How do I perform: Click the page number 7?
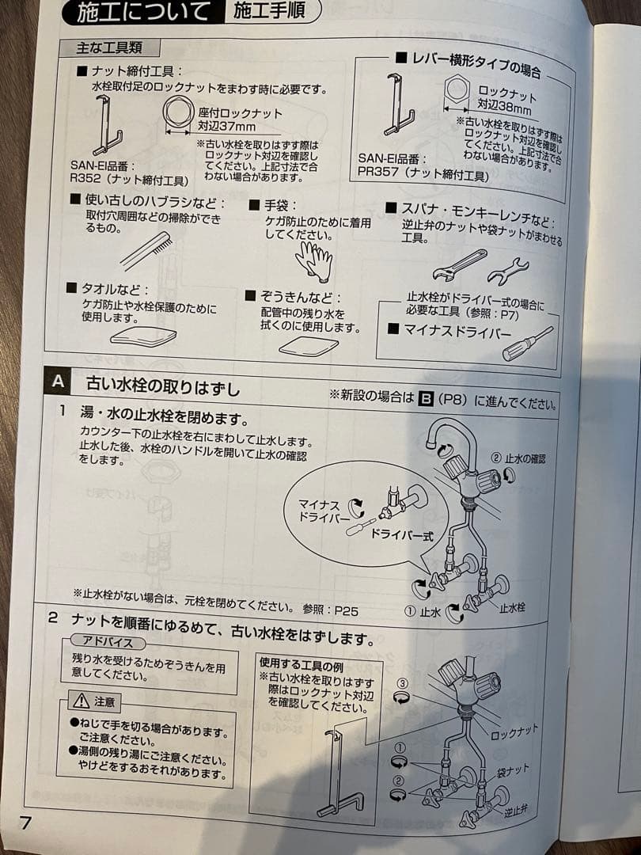[x=25, y=823]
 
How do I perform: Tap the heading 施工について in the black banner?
[x=143, y=12]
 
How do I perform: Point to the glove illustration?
[x=314, y=260]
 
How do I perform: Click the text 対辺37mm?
[x=226, y=127]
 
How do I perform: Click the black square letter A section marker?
[x=58, y=381]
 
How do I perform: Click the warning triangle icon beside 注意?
[x=81, y=701]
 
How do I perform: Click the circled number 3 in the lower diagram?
[x=402, y=683]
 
